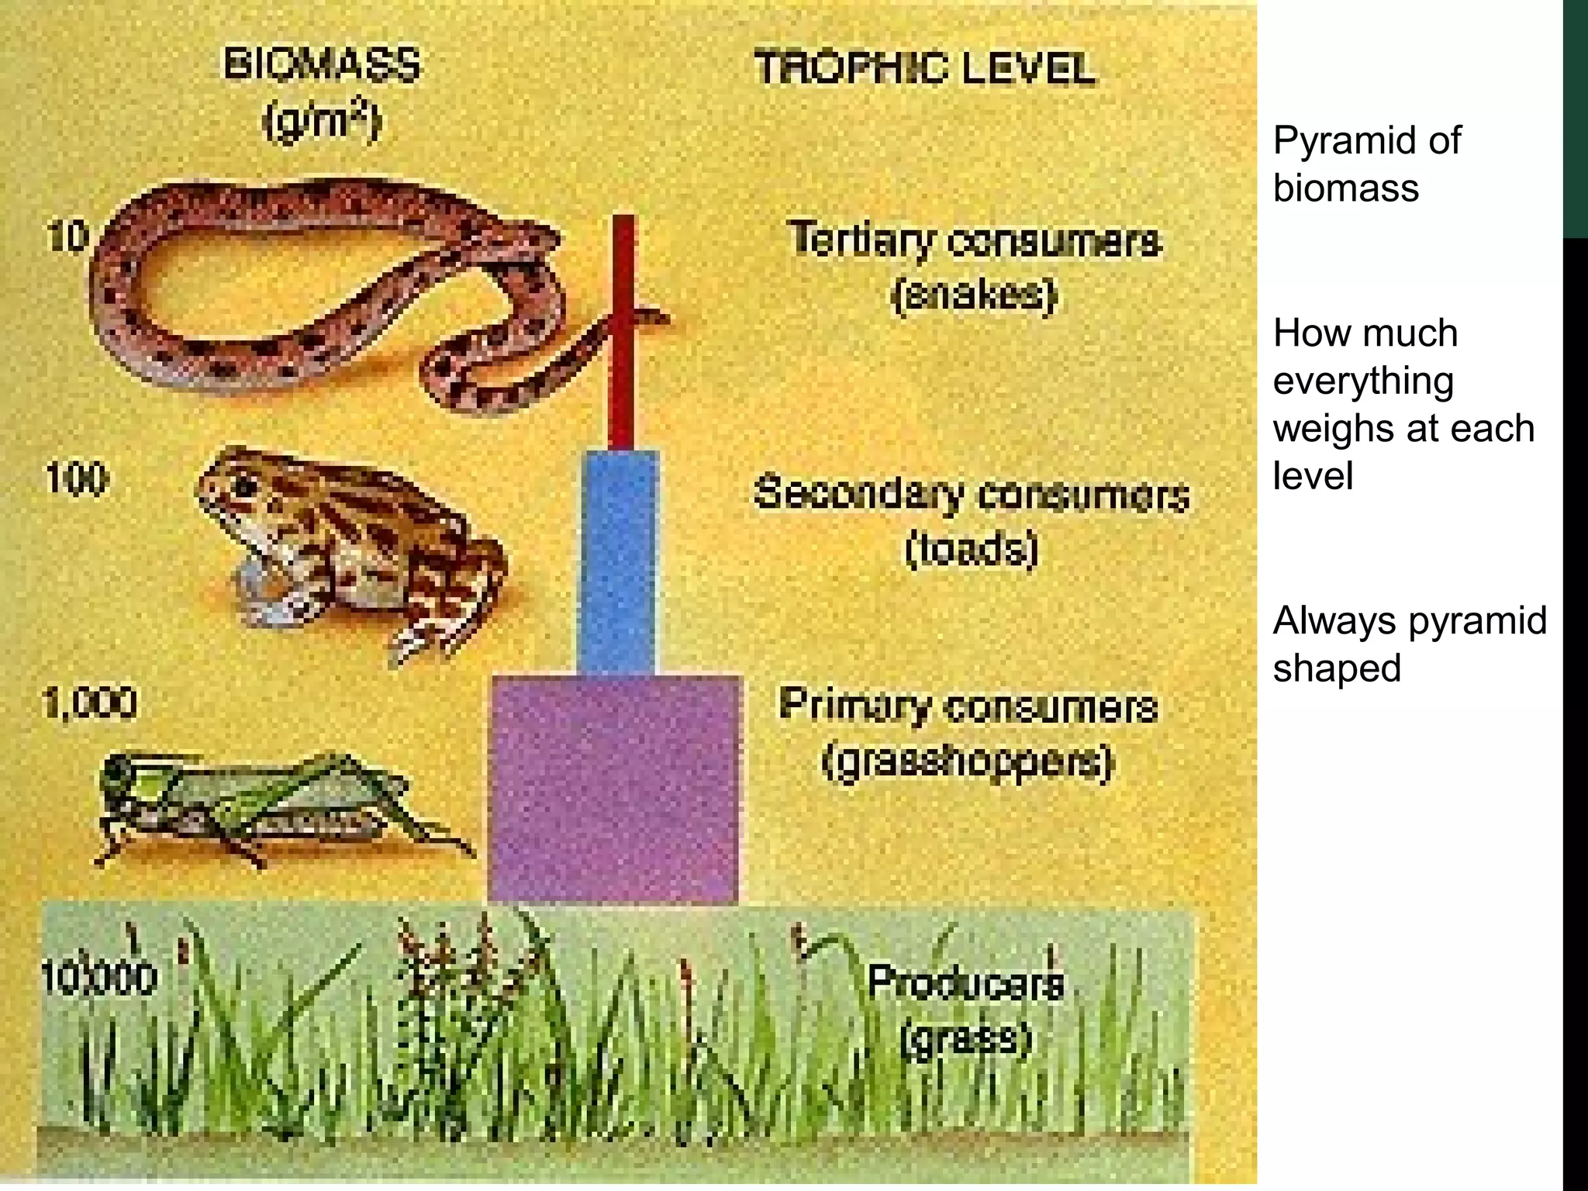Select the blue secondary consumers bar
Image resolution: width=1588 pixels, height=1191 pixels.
619,562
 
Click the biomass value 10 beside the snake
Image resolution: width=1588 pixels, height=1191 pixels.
67,236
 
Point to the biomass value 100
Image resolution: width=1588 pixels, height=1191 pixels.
77,478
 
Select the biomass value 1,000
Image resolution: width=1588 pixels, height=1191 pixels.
90,703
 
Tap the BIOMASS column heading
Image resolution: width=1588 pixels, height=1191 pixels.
322,64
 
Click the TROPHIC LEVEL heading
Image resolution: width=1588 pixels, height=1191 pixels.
925,68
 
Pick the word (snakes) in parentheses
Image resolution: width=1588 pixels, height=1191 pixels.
975,295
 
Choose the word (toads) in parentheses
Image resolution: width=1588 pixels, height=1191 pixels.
972,550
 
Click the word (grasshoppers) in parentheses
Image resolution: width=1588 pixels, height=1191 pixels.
968,762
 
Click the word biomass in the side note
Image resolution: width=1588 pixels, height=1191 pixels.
1346,188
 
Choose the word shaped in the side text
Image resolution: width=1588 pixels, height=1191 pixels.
1337,668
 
